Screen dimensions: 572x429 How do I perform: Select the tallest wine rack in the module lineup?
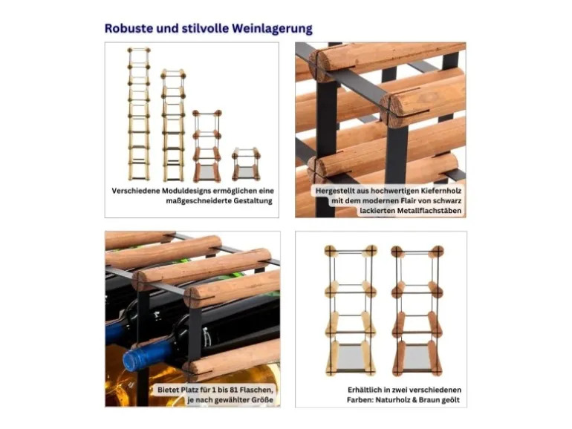(x=139, y=114)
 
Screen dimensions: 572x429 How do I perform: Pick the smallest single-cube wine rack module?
(x=246, y=164)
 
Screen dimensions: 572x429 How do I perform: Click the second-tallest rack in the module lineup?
(x=173, y=125)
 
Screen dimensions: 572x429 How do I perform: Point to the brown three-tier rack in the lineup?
(x=207, y=145)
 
